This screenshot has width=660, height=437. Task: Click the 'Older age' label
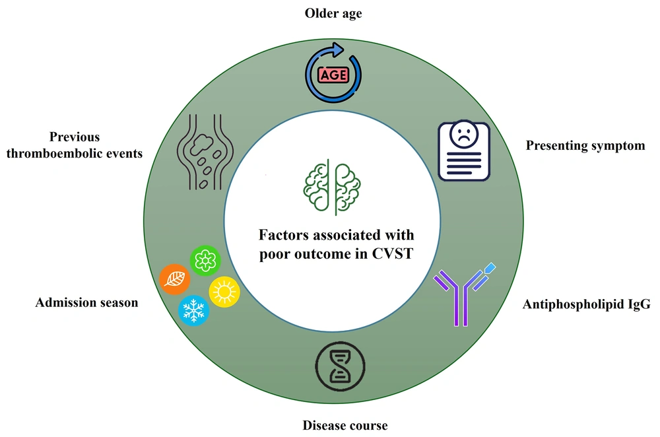[333, 13]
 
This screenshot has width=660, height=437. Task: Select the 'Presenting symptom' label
[585, 146]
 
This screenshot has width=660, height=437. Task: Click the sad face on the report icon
[463, 134]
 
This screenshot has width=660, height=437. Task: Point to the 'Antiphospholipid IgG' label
[586, 304]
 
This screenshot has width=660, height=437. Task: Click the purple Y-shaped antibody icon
[464, 294]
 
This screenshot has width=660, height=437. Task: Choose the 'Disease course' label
[345, 425]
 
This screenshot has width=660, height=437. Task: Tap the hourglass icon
[340, 366]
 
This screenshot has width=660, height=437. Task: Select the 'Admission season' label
[86, 302]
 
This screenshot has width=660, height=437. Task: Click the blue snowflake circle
[193, 311]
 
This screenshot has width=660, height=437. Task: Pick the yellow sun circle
[224, 292]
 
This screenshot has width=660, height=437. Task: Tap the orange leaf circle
[174, 279]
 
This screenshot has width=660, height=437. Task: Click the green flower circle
[205, 261]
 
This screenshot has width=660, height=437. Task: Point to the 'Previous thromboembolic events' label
[75, 145]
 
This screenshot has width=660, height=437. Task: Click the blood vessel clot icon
[205, 152]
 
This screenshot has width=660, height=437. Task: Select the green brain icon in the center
[332, 187]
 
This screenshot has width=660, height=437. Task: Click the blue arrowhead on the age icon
[337, 50]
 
